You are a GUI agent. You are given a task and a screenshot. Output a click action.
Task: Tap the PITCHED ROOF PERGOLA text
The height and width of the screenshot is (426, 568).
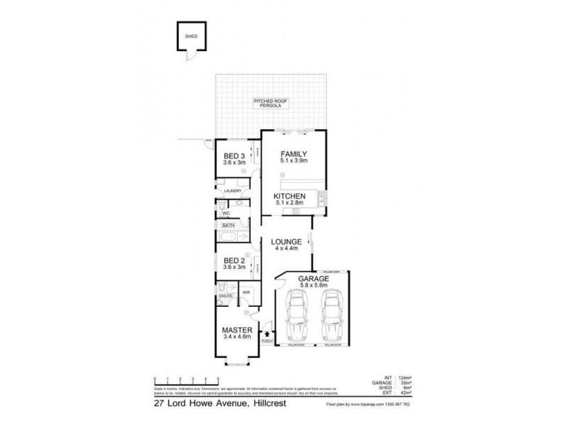click(268, 104)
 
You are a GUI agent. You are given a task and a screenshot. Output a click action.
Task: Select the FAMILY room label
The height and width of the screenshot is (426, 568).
click(293, 153)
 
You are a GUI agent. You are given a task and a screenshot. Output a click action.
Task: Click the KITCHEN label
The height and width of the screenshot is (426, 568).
click(290, 196)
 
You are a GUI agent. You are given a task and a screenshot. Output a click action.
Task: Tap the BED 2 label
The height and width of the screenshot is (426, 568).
click(234, 260)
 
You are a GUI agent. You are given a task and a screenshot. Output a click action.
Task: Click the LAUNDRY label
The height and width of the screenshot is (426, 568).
click(233, 191)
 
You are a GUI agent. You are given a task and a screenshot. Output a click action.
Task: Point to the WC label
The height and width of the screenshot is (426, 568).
click(226, 213)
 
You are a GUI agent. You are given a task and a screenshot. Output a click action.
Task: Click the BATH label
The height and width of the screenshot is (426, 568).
click(227, 225)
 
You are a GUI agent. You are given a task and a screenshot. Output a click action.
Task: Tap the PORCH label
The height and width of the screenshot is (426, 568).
click(267, 342)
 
